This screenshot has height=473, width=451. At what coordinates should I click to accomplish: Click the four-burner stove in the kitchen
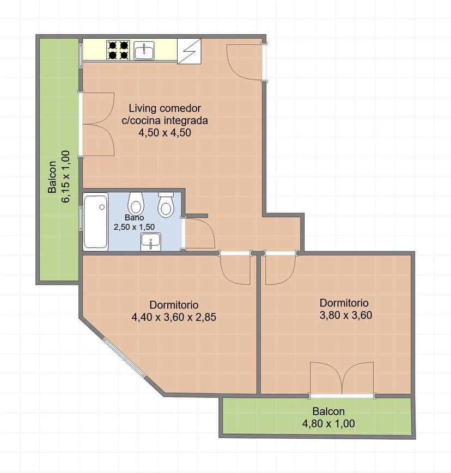[118, 50]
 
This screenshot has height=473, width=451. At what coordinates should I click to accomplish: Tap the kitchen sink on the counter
[144, 50]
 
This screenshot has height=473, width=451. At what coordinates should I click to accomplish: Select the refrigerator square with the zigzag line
[189, 51]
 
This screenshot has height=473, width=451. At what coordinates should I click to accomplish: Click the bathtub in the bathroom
[96, 222]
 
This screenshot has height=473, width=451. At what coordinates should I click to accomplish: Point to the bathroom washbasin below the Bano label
[150, 242]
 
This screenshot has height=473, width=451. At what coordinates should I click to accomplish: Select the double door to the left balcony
[98, 124]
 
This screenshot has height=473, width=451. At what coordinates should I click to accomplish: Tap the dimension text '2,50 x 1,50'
[134, 227]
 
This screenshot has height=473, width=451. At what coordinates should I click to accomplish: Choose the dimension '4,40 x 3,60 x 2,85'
[174, 317]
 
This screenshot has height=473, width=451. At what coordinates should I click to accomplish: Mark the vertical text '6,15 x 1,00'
[66, 176]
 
